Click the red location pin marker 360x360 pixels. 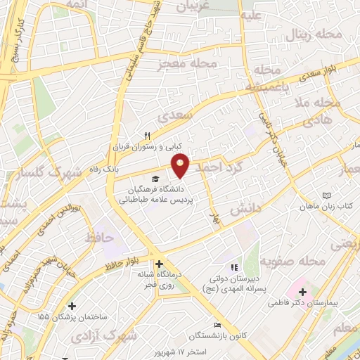(181, 165)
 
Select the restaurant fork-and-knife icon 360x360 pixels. (147, 136)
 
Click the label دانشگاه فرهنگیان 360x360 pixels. (157, 189)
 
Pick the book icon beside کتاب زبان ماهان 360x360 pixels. (325, 195)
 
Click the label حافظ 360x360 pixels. (99, 238)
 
